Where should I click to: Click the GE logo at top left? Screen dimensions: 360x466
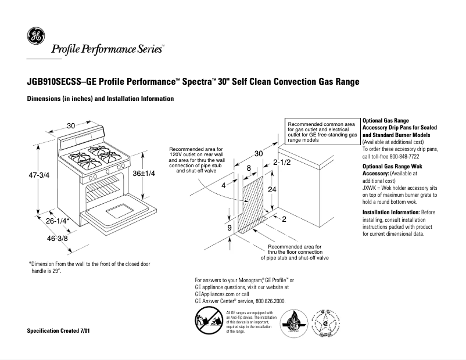[x=35, y=37]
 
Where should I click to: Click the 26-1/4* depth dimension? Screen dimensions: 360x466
[x=58, y=221]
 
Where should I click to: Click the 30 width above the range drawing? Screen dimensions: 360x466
[x=71, y=126]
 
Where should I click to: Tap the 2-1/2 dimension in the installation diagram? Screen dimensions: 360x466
[x=281, y=162]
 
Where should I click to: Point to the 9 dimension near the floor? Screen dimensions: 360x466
[x=230, y=228]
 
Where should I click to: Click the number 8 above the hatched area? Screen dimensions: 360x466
[x=249, y=168]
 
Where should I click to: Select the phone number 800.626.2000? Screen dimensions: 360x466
[x=269, y=301]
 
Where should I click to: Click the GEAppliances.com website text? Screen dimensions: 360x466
[x=217, y=294]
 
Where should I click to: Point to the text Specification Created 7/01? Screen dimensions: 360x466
[x=59, y=331]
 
